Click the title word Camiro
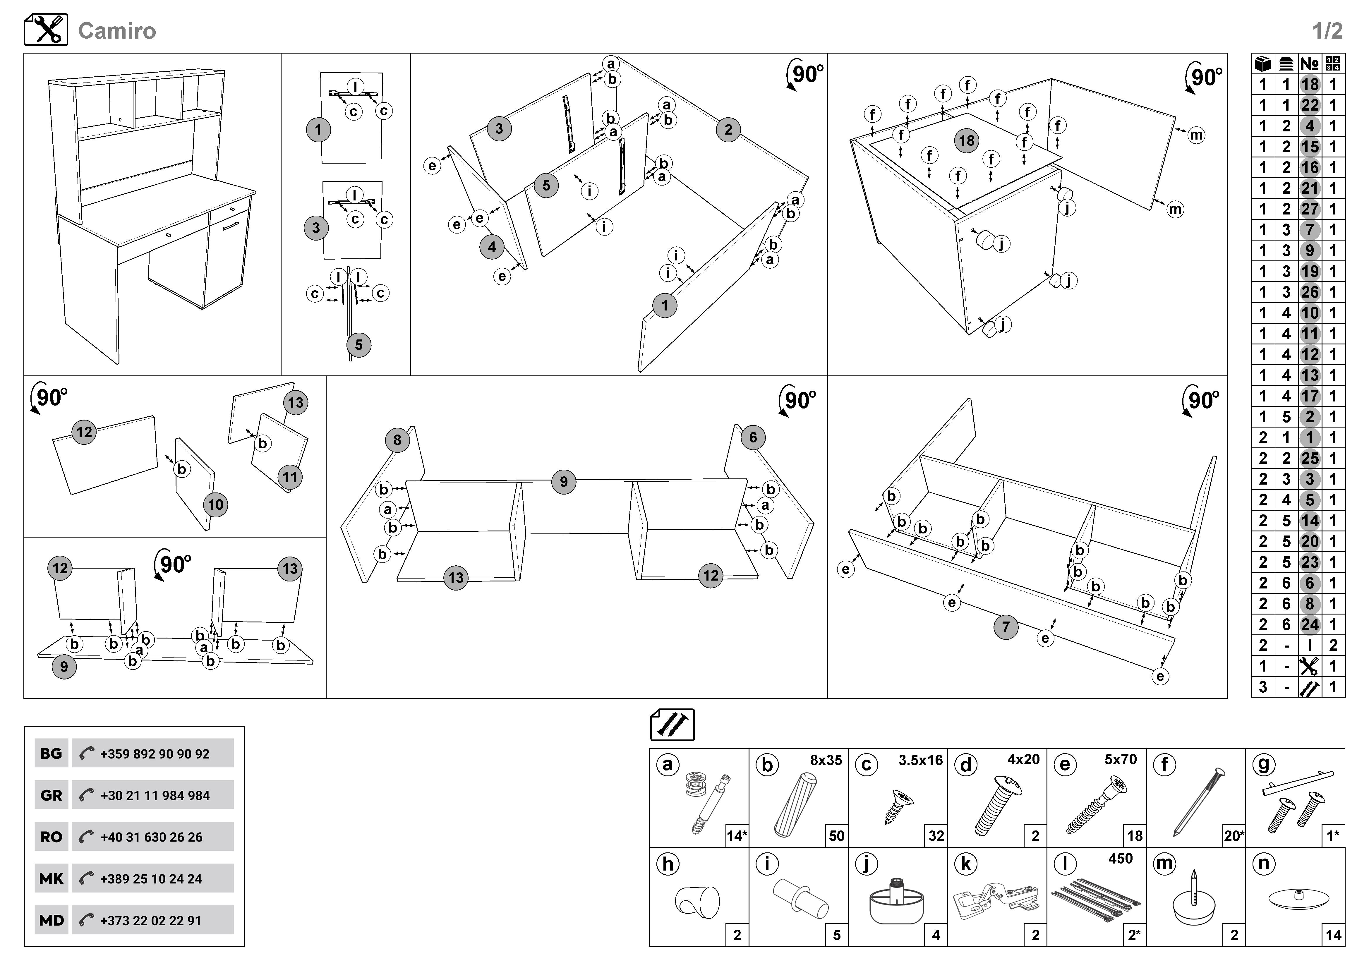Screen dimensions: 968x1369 point(117,31)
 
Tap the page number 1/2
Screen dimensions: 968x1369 point(1327,31)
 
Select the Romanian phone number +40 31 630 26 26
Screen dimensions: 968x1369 point(152,837)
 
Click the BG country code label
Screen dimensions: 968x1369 point(51,754)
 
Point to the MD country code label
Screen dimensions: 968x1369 point(51,920)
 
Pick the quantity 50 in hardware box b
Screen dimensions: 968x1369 point(837,836)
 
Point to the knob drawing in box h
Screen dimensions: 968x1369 point(698,901)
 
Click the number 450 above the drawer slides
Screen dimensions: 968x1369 point(1120,858)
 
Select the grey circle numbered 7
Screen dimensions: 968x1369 point(1006,627)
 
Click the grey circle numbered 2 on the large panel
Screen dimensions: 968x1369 point(728,129)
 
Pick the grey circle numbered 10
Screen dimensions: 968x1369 point(215,505)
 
